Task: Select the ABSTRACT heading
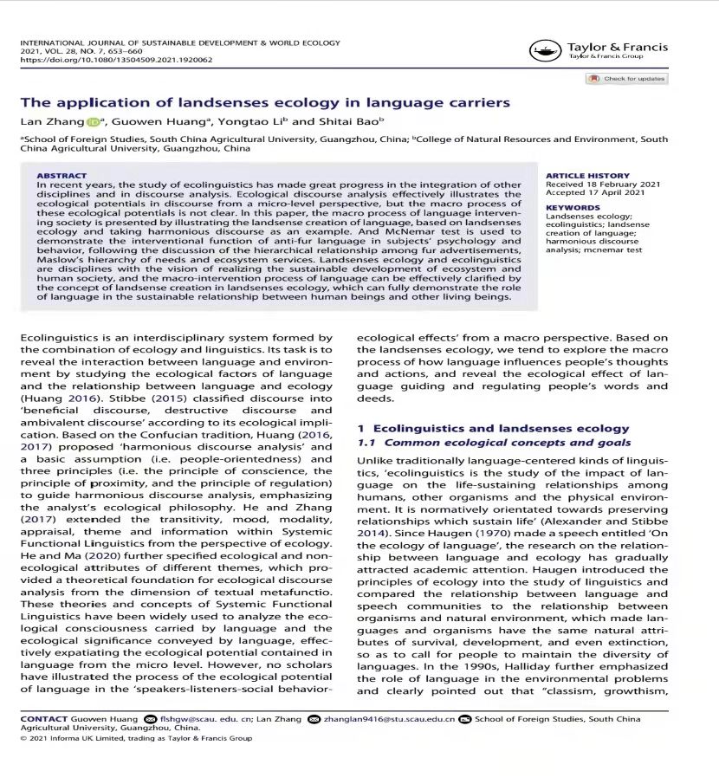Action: point(62,175)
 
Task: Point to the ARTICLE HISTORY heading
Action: point(587,175)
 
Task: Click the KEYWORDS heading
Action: point(573,208)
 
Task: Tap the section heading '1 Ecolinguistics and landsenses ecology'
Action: point(493,428)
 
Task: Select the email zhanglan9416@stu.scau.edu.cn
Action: point(389,719)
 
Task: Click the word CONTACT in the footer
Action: point(44,719)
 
